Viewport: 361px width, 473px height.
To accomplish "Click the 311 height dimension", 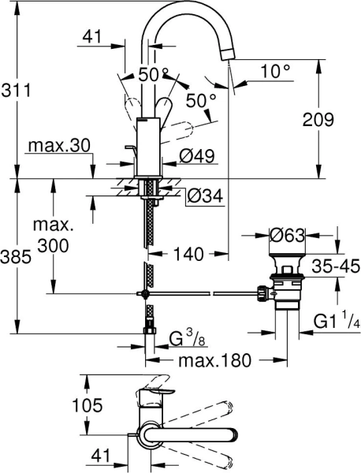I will [17, 91].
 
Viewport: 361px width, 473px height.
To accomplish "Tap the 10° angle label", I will [276, 70].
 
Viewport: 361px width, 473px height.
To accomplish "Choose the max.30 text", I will [53, 147].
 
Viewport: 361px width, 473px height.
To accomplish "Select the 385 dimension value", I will [17, 257].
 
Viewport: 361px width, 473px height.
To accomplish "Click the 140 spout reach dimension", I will [188, 254].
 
